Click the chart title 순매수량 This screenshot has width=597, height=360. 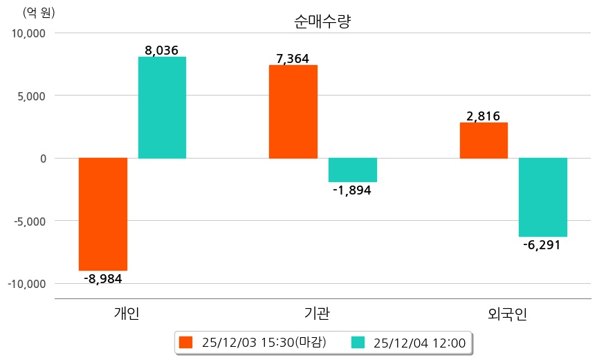click(x=323, y=21)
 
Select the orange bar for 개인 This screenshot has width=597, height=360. click(x=103, y=214)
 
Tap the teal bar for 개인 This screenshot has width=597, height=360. click(x=162, y=107)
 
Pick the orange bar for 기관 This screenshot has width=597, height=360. click(x=293, y=111)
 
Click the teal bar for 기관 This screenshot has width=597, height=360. click(x=353, y=170)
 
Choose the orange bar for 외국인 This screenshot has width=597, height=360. click(x=484, y=141)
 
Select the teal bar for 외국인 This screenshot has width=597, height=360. click(x=543, y=197)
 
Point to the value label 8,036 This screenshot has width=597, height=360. click(x=162, y=50)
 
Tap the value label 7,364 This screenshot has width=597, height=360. click(x=293, y=58)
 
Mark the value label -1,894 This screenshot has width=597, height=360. click(x=352, y=190)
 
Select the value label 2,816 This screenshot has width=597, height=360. click(x=484, y=116)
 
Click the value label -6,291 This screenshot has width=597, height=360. click(x=542, y=245)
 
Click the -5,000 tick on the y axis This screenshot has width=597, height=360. click(x=28, y=221)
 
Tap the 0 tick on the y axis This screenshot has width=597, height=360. click(x=43, y=159)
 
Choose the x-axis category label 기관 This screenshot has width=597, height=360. click(x=317, y=314)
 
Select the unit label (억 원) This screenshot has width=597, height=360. click(x=39, y=12)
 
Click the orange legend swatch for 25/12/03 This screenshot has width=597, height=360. click(x=185, y=342)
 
